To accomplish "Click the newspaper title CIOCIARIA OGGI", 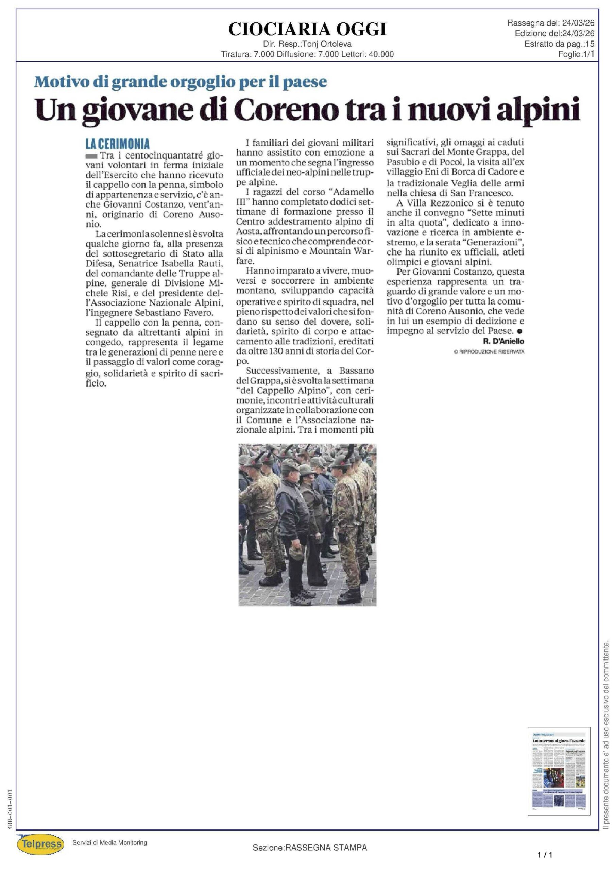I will pyautogui.click(x=307, y=29).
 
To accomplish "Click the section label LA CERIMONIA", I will pyautogui.click(x=118, y=144).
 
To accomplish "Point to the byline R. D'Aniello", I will pyautogui.click(x=503, y=341).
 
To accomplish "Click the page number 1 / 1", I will pyautogui.click(x=545, y=855).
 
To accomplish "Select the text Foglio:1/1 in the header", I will pyautogui.click(x=576, y=54).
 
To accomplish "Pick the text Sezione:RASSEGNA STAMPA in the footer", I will pyautogui.click(x=310, y=848).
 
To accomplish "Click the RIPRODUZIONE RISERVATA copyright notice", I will pyautogui.click(x=489, y=352).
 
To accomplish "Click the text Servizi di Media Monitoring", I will pyautogui.click(x=109, y=842).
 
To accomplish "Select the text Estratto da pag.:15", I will pyautogui.click(x=559, y=44).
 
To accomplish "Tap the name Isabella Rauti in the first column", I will pyautogui.click(x=197, y=264).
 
